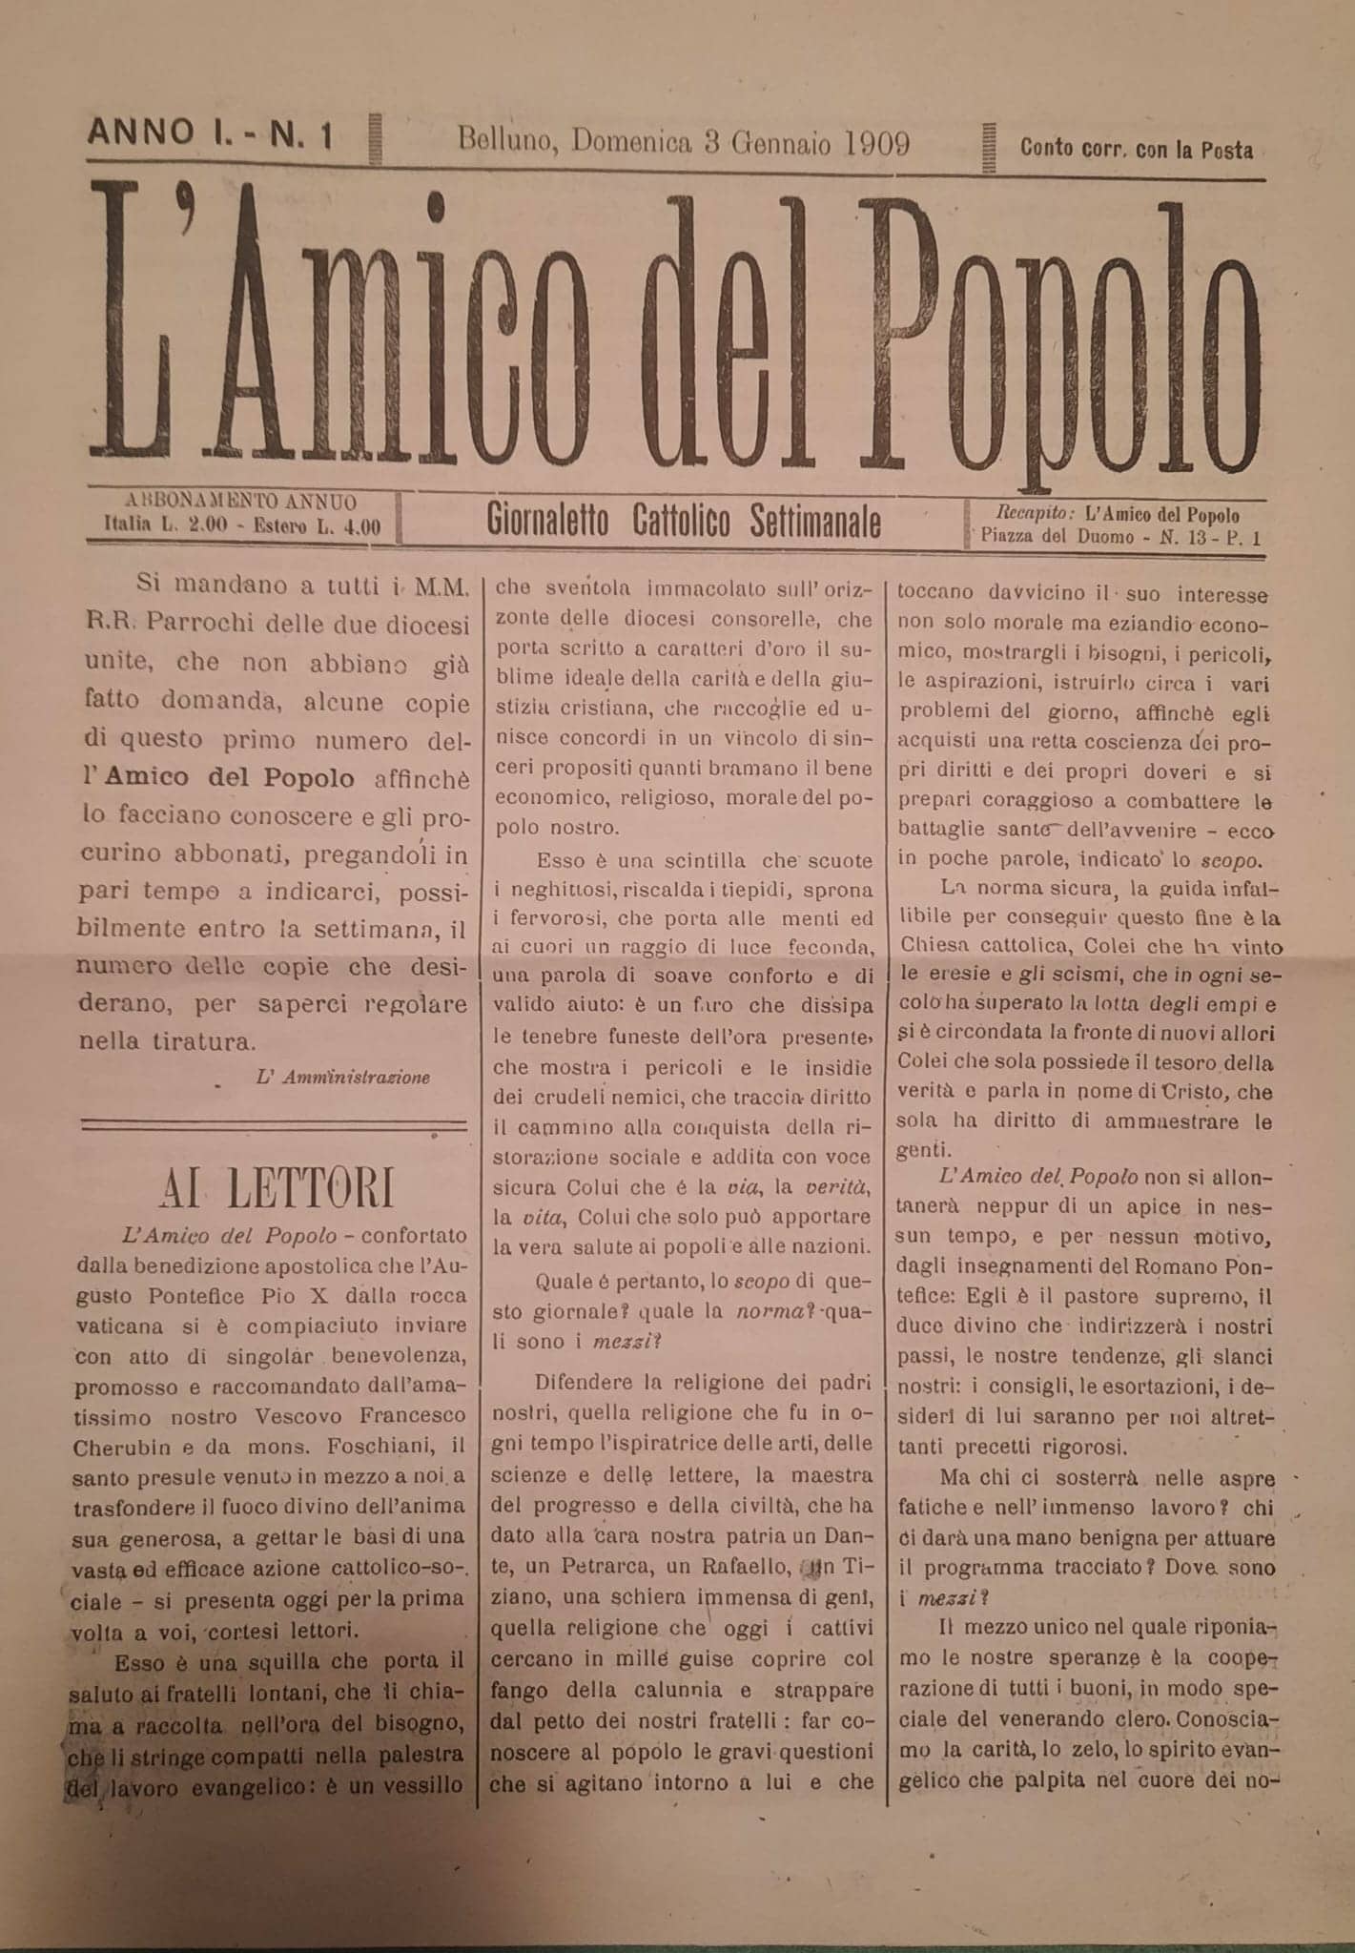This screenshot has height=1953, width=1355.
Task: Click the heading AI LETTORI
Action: click(277, 1192)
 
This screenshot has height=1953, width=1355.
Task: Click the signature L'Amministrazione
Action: click(343, 1077)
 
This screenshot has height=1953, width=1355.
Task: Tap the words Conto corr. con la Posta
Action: click(1137, 149)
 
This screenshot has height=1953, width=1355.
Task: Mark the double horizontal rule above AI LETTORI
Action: click(276, 1126)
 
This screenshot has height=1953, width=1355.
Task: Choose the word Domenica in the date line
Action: click(631, 143)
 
